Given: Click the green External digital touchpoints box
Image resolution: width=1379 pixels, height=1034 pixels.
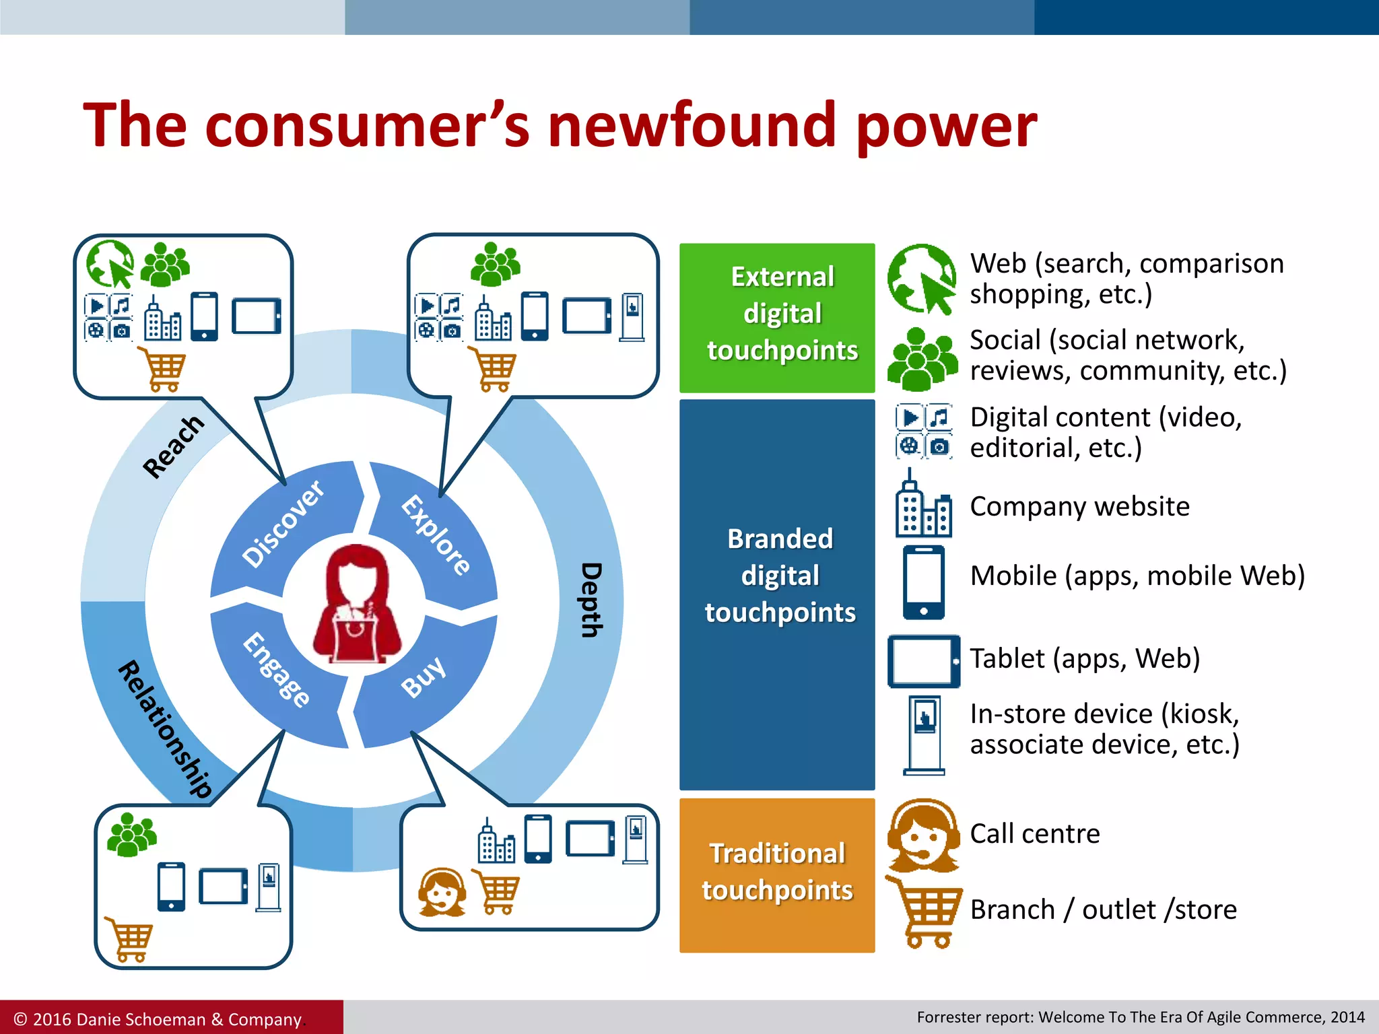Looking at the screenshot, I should [777, 318].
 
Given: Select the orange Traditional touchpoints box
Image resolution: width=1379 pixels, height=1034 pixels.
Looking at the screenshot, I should [777, 874].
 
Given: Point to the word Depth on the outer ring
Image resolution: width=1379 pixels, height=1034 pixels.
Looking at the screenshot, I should [591, 599].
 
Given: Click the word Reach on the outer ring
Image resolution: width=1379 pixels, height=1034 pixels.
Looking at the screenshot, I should [173, 446].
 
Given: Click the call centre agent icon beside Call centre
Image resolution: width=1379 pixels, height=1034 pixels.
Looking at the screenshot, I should [923, 835].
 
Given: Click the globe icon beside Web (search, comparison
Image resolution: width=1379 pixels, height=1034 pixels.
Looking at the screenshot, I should [921, 278].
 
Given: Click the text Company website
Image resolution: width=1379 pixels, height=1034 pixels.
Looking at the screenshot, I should [1079, 506].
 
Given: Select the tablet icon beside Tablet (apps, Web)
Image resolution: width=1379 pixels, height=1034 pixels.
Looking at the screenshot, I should [923, 661].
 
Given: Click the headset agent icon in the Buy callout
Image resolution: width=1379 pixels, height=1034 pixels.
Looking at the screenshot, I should [442, 891].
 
